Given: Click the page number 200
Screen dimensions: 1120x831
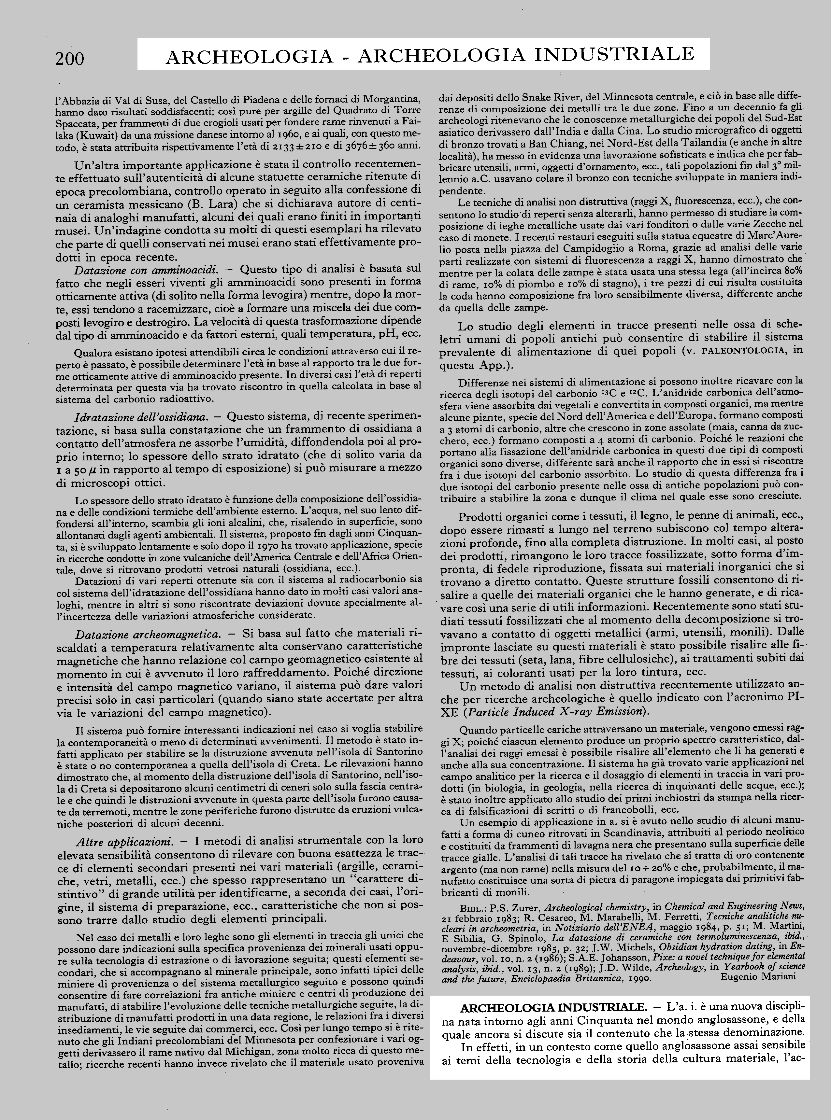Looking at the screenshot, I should (70, 59).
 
